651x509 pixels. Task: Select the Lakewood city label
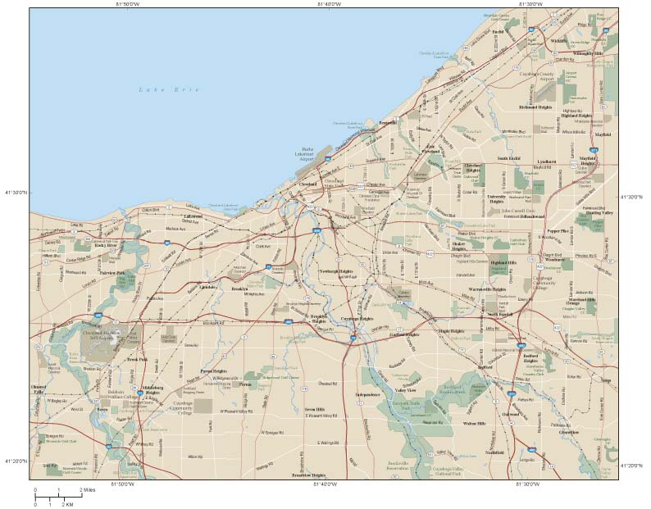[x=193, y=216]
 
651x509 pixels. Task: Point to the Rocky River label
[x=107, y=244]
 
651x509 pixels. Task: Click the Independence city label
[x=368, y=395]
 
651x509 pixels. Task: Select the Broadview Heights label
[x=309, y=475]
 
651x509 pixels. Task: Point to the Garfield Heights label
[x=404, y=334]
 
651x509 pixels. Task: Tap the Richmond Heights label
[x=535, y=107]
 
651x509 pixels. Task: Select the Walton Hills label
[x=475, y=423]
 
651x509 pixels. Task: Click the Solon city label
[x=606, y=380]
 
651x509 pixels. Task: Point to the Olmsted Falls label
[x=39, y=389]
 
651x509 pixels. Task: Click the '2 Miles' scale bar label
[x=92, y=490]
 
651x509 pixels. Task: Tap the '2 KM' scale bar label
[x=71, y=503]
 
